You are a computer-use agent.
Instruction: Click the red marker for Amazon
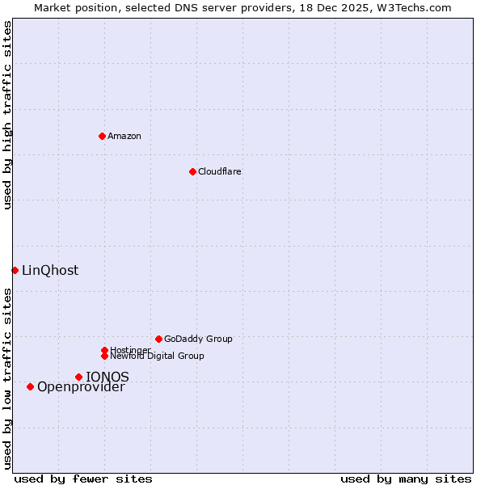pyautogui.click(x=102, y=136)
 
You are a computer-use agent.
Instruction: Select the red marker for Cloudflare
pyautogui.click(x=192, y=171)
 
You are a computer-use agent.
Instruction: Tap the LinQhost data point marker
pyautogui.click(x=15, y=270)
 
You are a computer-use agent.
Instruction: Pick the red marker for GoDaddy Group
pyautogui.click(x=158, y=339)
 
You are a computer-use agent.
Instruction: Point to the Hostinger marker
pyautogui.click(x=104, y=350)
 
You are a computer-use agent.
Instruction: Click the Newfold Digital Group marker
pyautogui.click(x=104, y=356)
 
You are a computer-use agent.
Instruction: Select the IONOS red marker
pyautogui.click(x=78, y=377)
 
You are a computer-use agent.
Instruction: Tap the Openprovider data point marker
pyautogui.click(x=30, y=386)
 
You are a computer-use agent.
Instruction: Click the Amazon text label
pyautogui.click(x=124, y=136)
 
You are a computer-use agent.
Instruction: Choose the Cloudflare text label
pyautogui.click(x=219, y=171)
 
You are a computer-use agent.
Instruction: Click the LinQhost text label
pyautogui.click(x=50, y=270)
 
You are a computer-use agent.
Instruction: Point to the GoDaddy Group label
pyautogui.click(x=198, y=339)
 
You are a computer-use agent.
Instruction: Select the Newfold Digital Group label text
pyautogui.click(x=157, y=356)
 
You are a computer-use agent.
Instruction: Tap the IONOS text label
pyautogui.click(x=108, y=377)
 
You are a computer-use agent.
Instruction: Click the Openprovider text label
pyautogui.click(x=81, y=387)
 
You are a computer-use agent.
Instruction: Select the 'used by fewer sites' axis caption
pyautogui.click(x=83, y=479)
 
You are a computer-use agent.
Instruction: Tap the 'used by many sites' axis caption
pyautogui.click(x=406, y=479)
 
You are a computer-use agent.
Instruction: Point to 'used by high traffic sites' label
pyautogui.click(x=7, y=115)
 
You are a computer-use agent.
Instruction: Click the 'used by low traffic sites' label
pyautogui.click(x=7, y=378)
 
